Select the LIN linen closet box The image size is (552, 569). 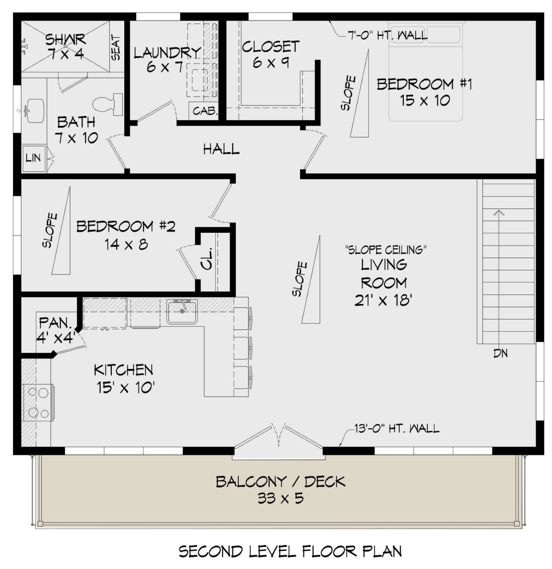pyautogui.click(x=33, y=158)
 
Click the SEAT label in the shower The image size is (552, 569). pyautogui.click(x=116, y=48)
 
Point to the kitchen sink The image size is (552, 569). pyautogui.click(x=182, y=311)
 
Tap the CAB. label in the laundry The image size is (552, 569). pyautogui.click(x=204, y=111)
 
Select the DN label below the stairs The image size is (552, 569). pyautogui.click(x=500, y=354)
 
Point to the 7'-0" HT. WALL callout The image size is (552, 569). pyautogui.click(x=387, y=34)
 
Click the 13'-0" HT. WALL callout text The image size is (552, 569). pyautogui.click(x=397, y=428)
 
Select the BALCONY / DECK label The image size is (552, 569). pyautogui.click(x=280, y=482)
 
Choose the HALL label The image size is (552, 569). pyautogui.click(x=221, y=149)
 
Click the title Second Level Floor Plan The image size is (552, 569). pyautogui.click(x=290, y=551)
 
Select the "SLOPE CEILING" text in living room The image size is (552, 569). pyautogui.click(x=385, y=250)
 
